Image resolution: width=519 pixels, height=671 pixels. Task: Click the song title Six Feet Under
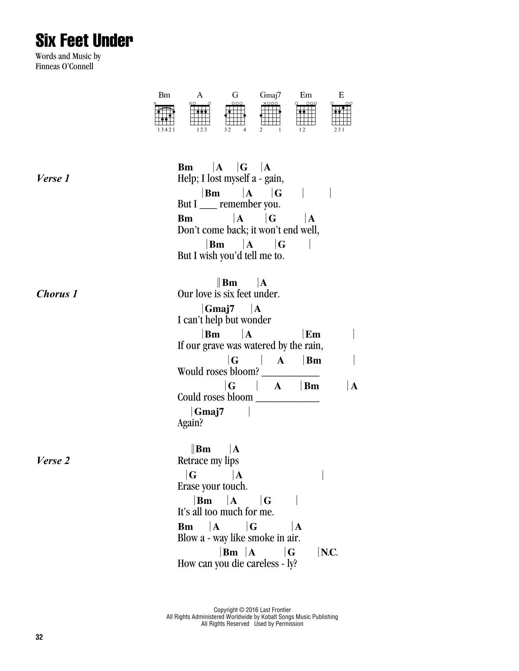point(84,41)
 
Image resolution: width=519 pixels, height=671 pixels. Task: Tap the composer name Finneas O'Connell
point(64,66)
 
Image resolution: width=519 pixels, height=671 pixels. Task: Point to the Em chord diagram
point(306,115)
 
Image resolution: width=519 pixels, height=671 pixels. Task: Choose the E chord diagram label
point(341,95)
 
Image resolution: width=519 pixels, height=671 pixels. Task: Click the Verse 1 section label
point(53,179)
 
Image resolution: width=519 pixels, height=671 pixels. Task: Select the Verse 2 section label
point(53,461)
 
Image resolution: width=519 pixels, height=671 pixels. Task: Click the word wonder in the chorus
point(255,320)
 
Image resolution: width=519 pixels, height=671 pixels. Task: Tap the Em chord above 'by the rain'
point(313,334)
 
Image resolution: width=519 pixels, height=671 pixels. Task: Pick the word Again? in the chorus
point(190,423)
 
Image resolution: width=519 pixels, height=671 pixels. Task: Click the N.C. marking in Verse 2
point(329,552)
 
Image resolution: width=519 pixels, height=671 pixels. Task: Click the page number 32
point(39,637)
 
